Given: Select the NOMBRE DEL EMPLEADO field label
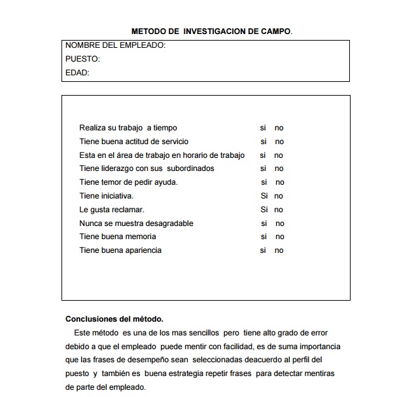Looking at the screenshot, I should click(x=115, y=46).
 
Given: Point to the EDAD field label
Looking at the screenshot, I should click(x=77, y=73).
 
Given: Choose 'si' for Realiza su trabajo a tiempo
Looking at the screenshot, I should click(x=263, y=128).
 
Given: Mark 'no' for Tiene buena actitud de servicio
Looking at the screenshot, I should click(x=279, y=142).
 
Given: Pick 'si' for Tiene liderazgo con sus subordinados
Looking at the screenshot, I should click(x=263, y=168).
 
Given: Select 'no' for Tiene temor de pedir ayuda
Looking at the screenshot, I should click(x=280, y=182).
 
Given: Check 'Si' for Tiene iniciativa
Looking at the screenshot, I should click(x=264, y=196).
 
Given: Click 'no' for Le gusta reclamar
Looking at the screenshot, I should click(x=279, y=210).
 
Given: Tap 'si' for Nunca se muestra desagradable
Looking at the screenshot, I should click(x=264, y=223).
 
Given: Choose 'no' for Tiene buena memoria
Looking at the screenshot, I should click(x=280, y=236).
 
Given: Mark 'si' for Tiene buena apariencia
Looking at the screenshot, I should click(x=263, y=250).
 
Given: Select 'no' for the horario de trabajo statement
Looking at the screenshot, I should click(x=279, y=155).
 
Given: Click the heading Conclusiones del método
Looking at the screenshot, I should click(x=114, y=319).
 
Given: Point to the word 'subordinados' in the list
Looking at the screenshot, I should click(x=190, y=168).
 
